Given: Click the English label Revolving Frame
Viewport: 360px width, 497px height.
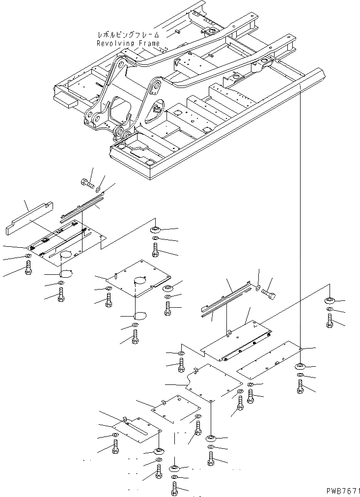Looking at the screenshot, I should click(128, 43).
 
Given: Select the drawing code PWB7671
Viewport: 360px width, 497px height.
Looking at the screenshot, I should click(342, 491).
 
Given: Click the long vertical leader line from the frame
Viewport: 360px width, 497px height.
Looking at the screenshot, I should click(300, 221).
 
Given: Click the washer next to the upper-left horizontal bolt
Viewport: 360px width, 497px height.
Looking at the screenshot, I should click(99, 189).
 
